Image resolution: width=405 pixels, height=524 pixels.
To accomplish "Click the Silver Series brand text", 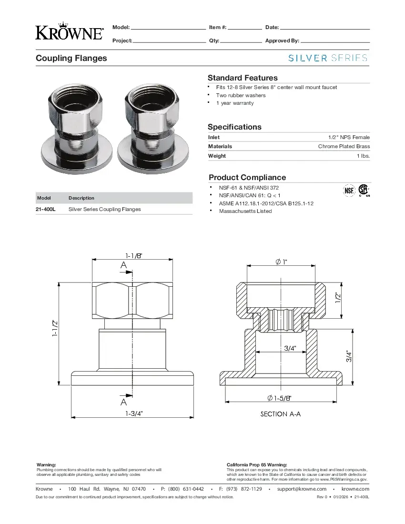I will tap(328, 58).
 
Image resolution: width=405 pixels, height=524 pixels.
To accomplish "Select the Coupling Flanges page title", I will tap(71, 58).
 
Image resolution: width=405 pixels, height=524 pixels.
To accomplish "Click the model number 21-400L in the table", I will tap(46, 209).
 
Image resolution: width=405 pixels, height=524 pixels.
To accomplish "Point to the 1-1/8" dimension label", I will tap(134, 256).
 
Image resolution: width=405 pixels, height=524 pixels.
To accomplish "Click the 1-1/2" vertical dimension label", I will tap(55, 328).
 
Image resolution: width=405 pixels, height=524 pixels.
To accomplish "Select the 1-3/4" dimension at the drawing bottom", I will tap(134, 413).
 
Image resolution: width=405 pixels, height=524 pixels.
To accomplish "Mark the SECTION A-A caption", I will tap(281, 414).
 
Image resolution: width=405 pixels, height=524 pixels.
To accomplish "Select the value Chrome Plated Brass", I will tap(344, 147).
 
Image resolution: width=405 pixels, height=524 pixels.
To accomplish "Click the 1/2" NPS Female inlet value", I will tap(349, 137).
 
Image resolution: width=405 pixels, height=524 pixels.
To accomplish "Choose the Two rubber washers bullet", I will tap(241, 95).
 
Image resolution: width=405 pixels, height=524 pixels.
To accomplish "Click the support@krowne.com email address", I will tap(302, 489).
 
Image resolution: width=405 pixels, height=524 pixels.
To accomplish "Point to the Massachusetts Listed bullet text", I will tap(245, 211).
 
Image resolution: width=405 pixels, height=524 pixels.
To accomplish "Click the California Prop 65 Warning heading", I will tap(257, 464).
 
